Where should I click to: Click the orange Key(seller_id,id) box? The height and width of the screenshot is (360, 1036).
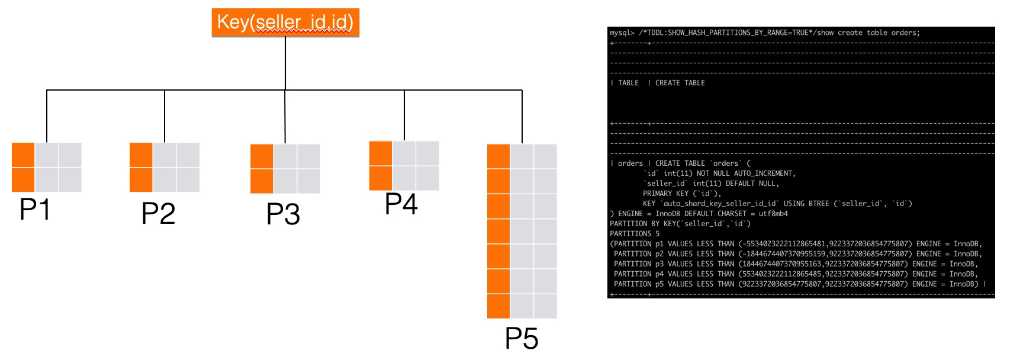(285, 23)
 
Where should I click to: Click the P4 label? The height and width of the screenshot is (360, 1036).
(401, 204)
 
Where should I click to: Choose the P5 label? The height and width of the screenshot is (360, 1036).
(522, 339)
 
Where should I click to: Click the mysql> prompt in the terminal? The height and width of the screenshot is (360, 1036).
(622, 33)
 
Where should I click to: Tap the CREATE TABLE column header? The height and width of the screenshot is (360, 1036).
(680, 83)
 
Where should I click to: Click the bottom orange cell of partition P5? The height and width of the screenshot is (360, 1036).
(498, 306)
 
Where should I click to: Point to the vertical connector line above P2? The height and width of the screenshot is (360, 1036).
(165, 116)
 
